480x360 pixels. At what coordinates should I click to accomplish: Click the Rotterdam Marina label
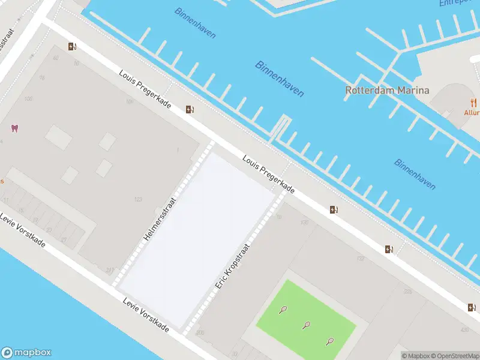[387, 90]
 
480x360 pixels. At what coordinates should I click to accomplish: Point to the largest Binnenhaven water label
[280, 79]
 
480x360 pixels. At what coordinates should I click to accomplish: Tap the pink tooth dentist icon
[14, 128]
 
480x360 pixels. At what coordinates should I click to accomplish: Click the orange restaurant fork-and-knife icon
[473, 102]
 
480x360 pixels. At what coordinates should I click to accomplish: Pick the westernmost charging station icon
[73, 47]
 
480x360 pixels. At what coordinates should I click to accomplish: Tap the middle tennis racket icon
[307, 326]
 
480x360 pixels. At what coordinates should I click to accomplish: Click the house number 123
[139, 199]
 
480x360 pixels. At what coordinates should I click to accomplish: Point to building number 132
[360, 259]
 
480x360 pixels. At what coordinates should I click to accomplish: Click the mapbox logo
[27, 352]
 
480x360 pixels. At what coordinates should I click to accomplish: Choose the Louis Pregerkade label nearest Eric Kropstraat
[269, 174]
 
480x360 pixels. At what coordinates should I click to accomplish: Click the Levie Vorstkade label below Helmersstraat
[145, 315]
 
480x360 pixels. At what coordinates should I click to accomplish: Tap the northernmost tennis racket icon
[283, 310]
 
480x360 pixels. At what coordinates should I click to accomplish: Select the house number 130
[305, 223]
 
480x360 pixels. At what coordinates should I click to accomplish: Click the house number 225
[407, 292]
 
